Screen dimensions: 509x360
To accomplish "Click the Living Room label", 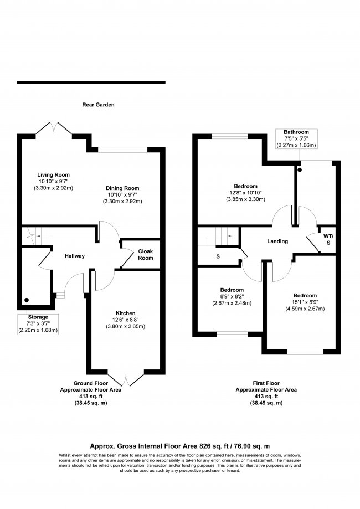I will [x=53, y=175].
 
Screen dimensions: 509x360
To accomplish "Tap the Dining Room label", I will [x=122, y=188].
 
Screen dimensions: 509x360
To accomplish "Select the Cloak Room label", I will [x=145, y=254].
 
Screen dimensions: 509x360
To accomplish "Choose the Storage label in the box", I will [x=39, y=317].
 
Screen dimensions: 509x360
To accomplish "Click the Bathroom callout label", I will [x=296, y=132].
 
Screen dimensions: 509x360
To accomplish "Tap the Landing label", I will [x=277, y=241].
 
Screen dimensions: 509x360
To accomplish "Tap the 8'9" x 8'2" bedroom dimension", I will [x=232, y=296].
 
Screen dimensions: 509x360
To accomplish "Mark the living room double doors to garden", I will [x=54, y=129].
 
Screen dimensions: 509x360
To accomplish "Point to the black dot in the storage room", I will [x=26, y=301].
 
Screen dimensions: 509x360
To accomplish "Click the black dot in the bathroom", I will [x=300, y=170].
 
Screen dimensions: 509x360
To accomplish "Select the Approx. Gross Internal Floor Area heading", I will [x=180, y=445].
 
